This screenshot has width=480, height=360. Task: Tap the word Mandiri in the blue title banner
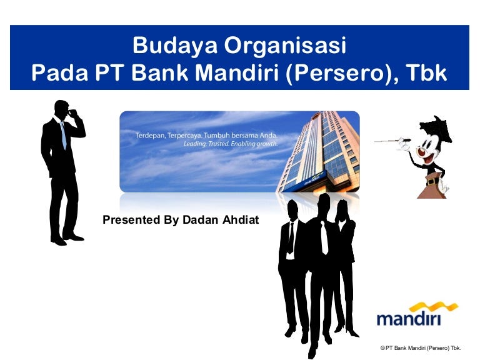click(x=237, y=72)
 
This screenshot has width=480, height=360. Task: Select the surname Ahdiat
click(x=241, y=220)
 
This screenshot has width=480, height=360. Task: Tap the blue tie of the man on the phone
click(x=63, y=136)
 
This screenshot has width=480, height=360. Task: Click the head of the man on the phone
click(x=62, y=110)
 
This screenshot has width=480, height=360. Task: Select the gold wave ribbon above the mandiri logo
click(x=434, y=307)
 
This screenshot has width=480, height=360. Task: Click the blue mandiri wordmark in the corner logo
click(x=409, y=319)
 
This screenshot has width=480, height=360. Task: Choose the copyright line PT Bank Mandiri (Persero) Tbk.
click(x=421, y=348)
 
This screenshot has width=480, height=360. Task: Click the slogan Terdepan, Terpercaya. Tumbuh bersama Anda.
click(x=206, y=135)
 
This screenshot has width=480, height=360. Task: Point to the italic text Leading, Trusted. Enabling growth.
click(x=231, y=144)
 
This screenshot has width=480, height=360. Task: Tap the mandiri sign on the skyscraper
click(x=314, y=179)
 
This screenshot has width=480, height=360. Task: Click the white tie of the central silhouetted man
click(x=324, y=237)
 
